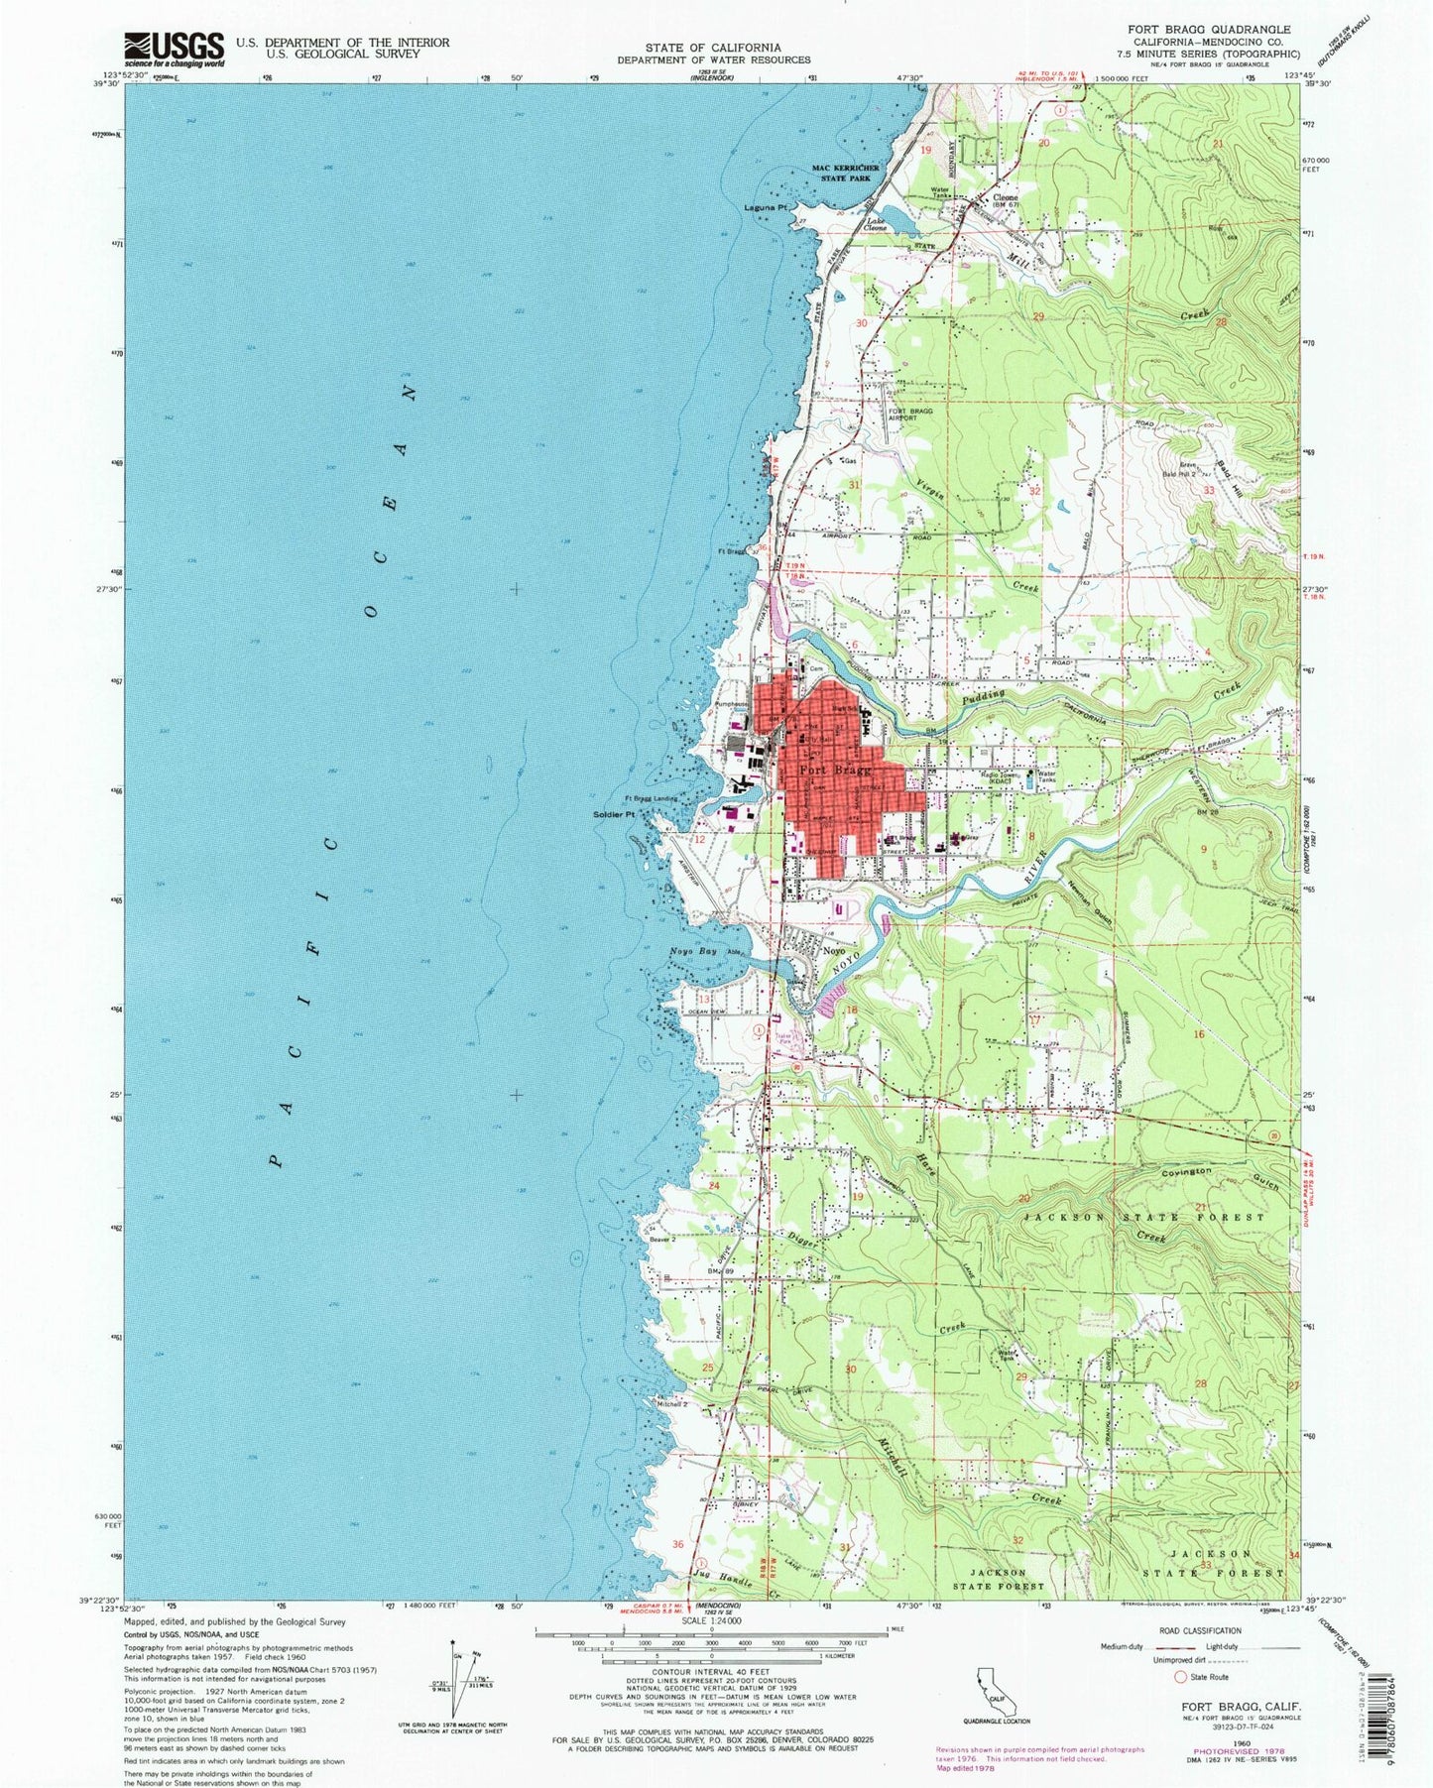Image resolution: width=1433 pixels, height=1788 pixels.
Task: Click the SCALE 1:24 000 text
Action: (x=710, y=1647)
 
